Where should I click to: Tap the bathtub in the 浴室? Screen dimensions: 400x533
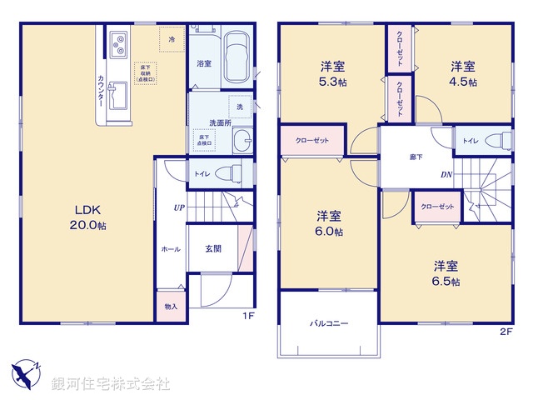238,57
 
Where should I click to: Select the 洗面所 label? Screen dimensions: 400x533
219,122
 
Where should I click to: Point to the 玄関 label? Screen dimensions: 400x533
213,247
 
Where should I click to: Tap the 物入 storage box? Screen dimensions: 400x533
170,307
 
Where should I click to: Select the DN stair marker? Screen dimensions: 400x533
446,175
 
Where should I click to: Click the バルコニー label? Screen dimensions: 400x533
329,322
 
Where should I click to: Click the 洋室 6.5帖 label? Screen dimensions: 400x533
446,273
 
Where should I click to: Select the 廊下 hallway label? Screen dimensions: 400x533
416,156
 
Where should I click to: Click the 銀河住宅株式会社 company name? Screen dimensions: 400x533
110,384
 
